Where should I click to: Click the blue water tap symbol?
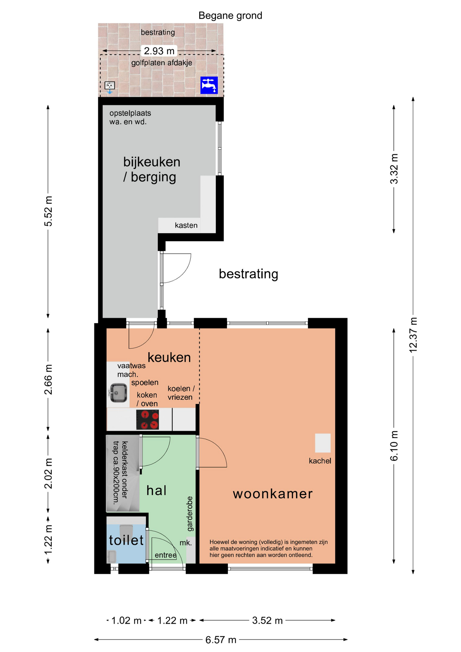209,85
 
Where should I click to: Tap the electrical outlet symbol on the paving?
110,86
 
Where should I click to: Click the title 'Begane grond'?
230,16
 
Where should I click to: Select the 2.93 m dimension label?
159,51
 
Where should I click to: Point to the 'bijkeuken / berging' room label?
152,169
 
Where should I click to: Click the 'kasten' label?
186,225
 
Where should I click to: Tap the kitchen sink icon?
118,393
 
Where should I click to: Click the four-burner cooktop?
148,420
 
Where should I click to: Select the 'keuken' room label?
169,358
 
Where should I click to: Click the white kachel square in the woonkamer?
323,443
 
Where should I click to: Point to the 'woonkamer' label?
273,494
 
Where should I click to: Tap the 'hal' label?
156,490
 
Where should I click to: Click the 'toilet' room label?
126,540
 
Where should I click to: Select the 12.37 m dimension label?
413,335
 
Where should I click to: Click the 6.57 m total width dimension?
221,640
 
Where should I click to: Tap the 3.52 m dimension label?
268,620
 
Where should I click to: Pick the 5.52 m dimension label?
48,211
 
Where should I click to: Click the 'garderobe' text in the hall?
190,514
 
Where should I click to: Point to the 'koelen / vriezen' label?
181,393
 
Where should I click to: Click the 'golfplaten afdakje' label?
162,63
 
